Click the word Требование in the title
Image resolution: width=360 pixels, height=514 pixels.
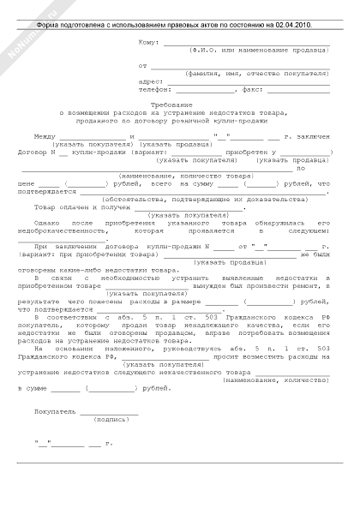click(x=179, y=104)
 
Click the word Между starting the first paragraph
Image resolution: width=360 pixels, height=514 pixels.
click(x=45, y=135)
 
